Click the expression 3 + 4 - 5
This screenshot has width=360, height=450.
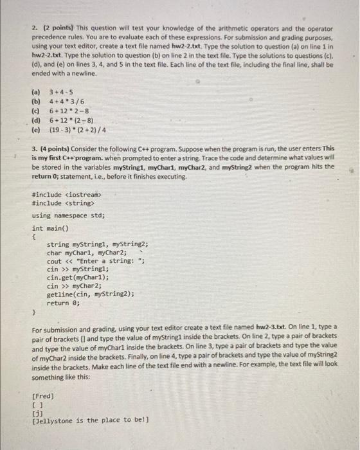(62, 91)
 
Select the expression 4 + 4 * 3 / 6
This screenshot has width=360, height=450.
(66, 101)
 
